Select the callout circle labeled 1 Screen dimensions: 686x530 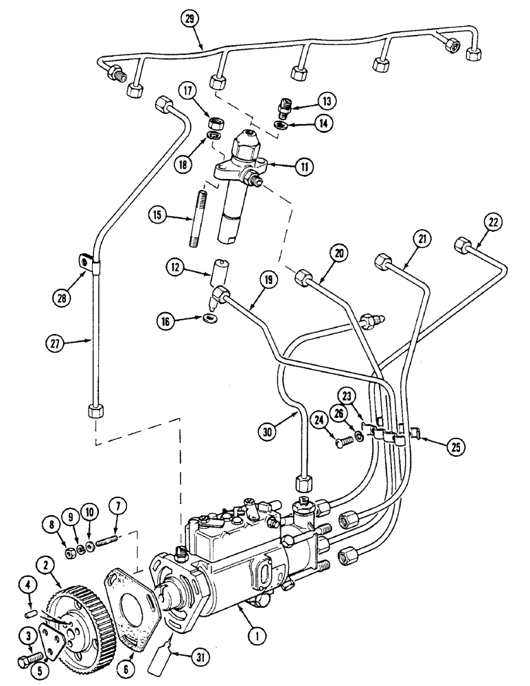click(255, 637)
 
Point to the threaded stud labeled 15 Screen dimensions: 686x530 click(194, 227)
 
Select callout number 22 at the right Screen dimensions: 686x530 click(495, 222)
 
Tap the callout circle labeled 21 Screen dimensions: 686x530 click(421, 239)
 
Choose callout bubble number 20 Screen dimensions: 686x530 click(338, 253)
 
